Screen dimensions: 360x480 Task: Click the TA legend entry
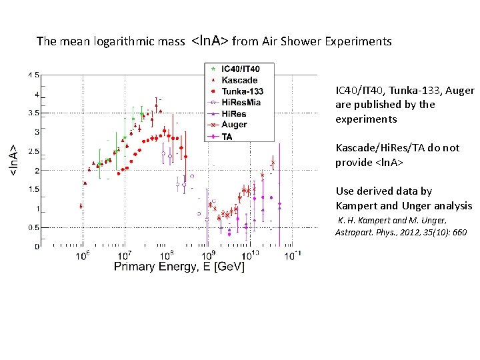pos(227,136)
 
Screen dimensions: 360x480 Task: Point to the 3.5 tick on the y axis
pos(33,113)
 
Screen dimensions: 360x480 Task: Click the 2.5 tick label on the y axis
pos(33,151)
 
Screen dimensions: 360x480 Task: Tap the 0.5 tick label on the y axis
pos(33,227)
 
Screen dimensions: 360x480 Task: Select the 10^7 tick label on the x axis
pos(123,255)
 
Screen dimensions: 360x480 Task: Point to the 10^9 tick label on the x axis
pos(209,255)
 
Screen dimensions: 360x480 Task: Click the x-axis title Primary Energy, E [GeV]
pos(179,267)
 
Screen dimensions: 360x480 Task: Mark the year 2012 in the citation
pos(416,232)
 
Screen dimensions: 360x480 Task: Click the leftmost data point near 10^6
pos(81,206)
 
